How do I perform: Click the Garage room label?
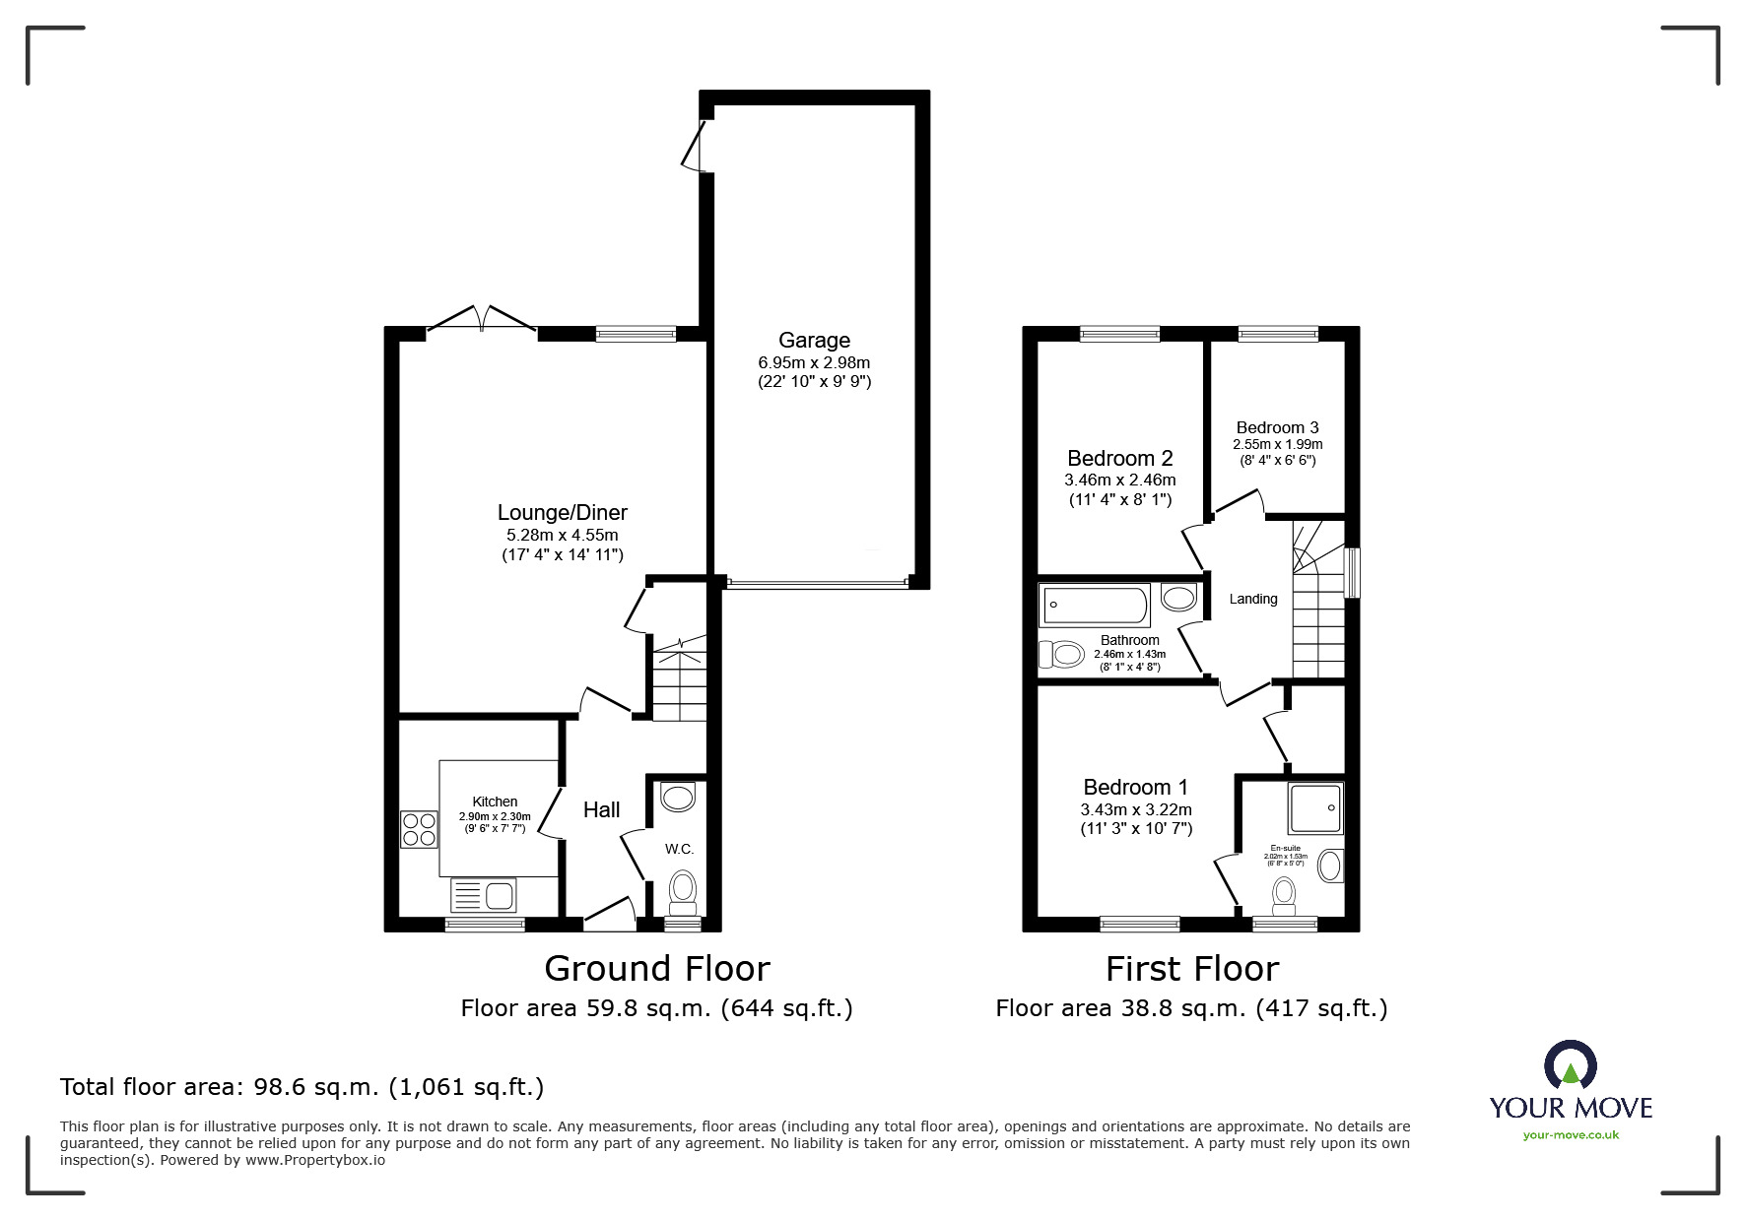pos(814,341)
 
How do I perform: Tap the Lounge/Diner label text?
pos(562,512)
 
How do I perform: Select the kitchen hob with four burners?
pos(419,828)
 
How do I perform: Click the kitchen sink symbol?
pos(483,895)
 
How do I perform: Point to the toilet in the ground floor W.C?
pos(681,889)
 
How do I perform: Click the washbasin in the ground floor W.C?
pos(678,797)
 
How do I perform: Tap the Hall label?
pos(601,809)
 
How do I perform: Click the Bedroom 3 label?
pos(1277,427)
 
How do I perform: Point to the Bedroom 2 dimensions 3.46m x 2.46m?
pos(1119,481)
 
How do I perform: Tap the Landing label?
pos(1252,599)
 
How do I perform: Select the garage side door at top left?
pos(696,146)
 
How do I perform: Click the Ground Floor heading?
pos(656,969)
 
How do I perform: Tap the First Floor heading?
pos(1191,969)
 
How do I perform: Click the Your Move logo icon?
pos(1570,1065)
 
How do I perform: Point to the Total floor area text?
pos(302,1087)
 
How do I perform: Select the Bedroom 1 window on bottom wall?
pos(1139,924)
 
